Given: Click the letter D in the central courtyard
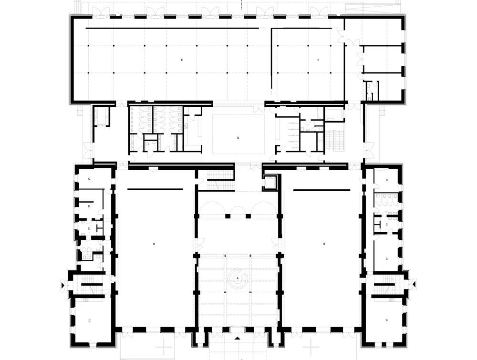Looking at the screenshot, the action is [238, 138].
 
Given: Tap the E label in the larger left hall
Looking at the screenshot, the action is [182, 60].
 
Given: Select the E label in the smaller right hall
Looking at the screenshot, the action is [319, 60].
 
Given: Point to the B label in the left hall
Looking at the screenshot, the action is [154, 244].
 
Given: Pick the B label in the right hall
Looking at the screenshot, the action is [324, 244].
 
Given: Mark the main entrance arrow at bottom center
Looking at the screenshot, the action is [238, 338].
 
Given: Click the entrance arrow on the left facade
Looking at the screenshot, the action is [63, 285].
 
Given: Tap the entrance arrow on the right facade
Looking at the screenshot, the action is [414, 285].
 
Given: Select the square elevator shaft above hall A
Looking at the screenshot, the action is [270, 183].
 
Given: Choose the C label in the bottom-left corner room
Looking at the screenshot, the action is [90, 320].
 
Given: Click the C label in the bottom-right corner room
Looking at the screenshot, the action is [387, 320].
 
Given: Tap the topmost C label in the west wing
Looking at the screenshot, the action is [89, 179].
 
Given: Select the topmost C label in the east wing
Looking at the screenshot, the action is [387, 180].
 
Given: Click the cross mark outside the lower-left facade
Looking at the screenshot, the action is [164, 347].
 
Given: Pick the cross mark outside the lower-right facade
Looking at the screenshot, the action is [311, 347].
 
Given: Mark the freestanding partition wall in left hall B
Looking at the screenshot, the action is [155, 189].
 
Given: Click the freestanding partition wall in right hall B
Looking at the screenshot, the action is [322, 190].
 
